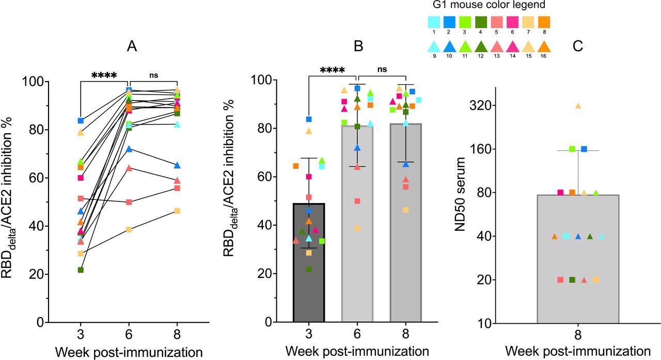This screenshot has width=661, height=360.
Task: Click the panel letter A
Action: pos(132,46)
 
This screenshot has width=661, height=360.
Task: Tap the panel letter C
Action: pos(578,46)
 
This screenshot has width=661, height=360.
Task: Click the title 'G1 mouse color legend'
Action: pos(489,5)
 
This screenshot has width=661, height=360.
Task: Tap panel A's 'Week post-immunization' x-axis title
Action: pos(129,353)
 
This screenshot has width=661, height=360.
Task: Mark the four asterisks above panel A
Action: pos(104,75)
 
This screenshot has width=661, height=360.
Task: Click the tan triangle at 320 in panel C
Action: pos(578,105)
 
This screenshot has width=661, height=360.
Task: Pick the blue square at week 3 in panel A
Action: pos(81,120)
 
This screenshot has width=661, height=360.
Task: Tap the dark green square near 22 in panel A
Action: pos(81,270)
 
